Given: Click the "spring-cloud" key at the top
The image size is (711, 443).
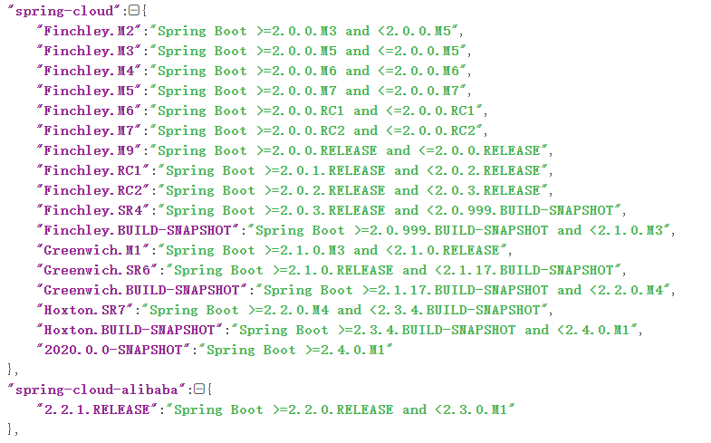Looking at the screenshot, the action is point(61,11).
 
